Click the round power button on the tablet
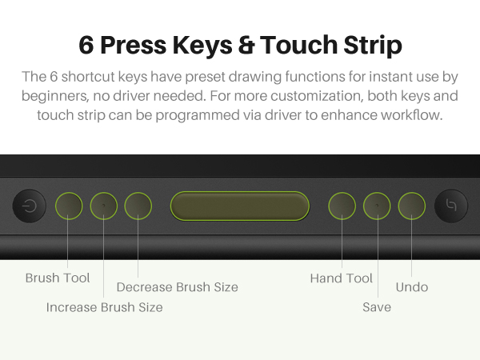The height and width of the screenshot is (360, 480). [x=30, y=206]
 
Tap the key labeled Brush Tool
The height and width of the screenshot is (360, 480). [x=69, y=206]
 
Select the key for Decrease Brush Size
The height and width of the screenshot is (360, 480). [x=138, y=206]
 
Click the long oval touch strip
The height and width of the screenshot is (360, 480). [x=239, y=206]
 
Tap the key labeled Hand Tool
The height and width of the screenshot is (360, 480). [x=342, y=206]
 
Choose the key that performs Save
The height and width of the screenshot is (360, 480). [x=377, y=206]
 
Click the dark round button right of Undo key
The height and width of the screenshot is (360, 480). [x=450, y=206]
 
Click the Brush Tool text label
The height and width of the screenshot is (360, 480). [x=58, y=278]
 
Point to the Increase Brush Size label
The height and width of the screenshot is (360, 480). [x=104, y=307]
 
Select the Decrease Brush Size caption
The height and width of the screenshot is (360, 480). [x=177, y=287]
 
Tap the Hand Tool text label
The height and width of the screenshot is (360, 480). [x=342, y=278]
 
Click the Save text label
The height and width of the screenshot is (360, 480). [x=377, y=307]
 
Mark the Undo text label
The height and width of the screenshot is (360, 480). [x=412, y=287]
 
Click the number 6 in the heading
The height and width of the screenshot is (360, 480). [x=86, y=46]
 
